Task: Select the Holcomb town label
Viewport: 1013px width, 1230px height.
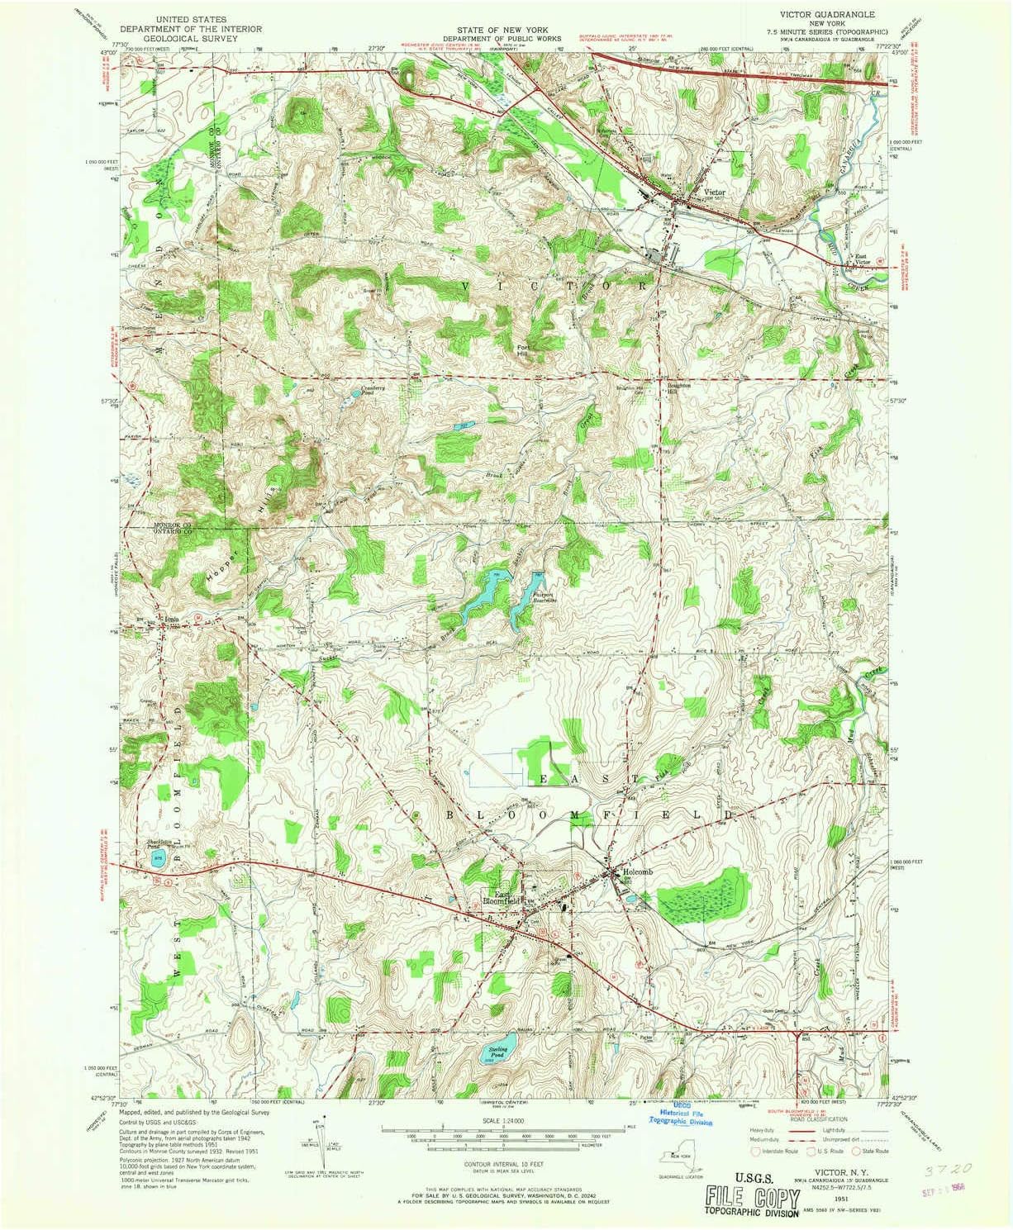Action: coord(638,872)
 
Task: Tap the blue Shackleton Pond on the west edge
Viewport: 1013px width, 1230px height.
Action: coord(159,859)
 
